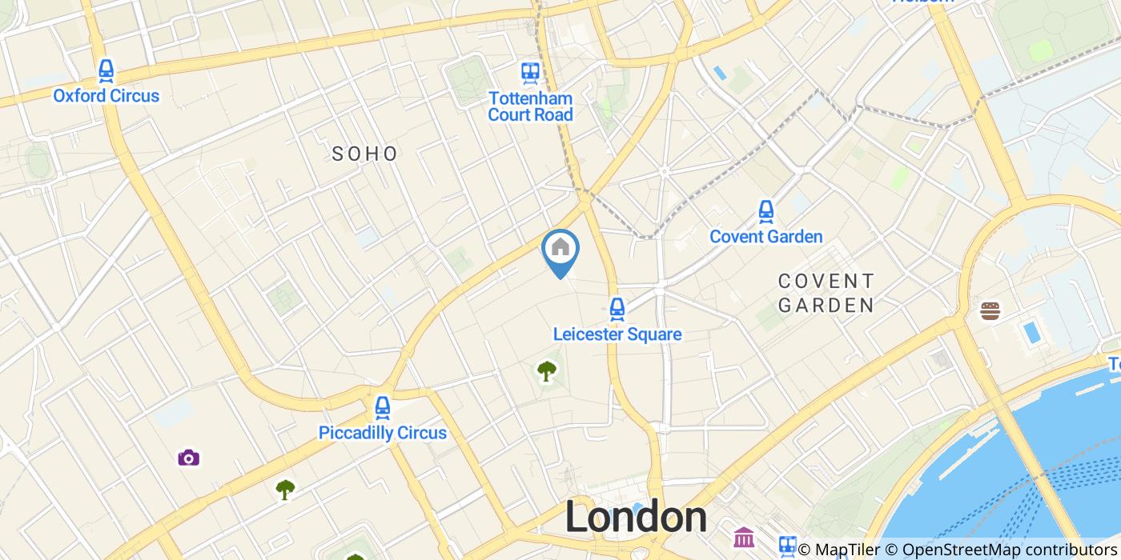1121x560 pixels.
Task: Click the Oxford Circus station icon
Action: [x=106, y=72]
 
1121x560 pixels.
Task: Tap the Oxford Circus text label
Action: [x=106, y=96]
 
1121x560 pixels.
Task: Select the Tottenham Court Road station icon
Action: [x=530, y=73]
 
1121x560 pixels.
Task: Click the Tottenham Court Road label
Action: [x=531, y=106]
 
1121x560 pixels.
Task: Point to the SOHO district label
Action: [x=365, y=154]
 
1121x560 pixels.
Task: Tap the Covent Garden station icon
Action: [x=766, y=211]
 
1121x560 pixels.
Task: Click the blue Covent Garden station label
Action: [x=766, y=237]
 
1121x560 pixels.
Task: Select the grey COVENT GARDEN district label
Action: [x=826, y=293]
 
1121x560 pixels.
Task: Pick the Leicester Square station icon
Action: [x=617, y=309]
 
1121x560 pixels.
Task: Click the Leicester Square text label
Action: [x=617, y=334]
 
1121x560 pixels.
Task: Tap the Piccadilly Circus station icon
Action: [x=383, y=408]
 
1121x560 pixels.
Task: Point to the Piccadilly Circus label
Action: [x=383, y=434]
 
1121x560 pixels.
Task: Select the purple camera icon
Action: [x=188, y=458]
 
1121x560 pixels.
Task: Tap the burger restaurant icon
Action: [x=990, y=310]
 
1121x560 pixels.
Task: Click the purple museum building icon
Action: [x=744, y=538]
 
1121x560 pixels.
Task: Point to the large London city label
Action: [x=636, y=518]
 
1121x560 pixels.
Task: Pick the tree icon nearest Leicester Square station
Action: [x=547, y=370]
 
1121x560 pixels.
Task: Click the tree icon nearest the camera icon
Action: [x=285, y=489]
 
